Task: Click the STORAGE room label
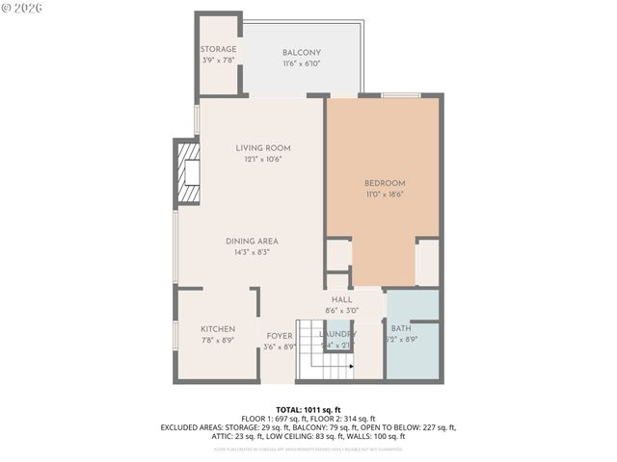point(218,49)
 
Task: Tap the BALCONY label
point(302,53)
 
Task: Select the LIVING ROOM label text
point(263,148)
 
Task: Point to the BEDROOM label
point(385,183)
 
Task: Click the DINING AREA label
point(252,242)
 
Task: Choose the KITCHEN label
point(218,329)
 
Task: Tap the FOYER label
point(280,336)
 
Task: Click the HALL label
point(342,300)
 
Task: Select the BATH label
point(401,329)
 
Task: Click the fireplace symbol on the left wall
point(187,172)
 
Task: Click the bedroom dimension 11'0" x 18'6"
point(385,194)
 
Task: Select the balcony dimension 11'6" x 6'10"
point(302,64)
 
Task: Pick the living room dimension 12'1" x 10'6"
point(263,160)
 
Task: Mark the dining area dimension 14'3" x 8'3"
point(252,253)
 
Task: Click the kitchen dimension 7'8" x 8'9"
point(218,341)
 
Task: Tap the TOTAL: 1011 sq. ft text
point(308,409)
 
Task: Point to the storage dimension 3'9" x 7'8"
point(218,60)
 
